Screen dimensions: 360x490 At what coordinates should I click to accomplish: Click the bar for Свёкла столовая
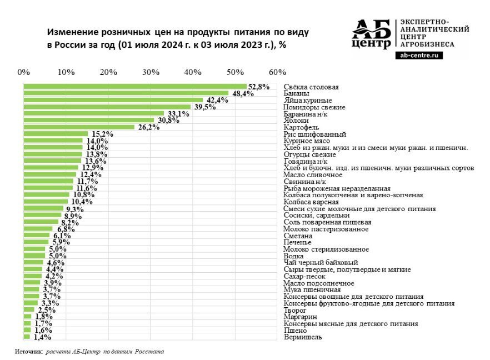click(134, 87)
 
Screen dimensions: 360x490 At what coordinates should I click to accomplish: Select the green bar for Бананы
click(126, 93)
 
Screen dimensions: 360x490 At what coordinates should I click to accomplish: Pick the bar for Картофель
click(79, 127)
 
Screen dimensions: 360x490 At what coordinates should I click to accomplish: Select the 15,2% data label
click(102, 134)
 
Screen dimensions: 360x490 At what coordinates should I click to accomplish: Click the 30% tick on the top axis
click(151, 72)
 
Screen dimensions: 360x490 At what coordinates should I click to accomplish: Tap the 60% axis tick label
click(277, 72)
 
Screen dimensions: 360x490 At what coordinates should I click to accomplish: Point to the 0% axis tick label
click(24, 72)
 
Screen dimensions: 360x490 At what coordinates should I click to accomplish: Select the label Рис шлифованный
click(314, 134)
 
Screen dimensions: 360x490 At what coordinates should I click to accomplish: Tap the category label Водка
click(293, 256)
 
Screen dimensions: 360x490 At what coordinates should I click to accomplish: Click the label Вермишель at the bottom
click(302, 337)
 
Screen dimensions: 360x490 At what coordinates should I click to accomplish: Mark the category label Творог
click(295, 310)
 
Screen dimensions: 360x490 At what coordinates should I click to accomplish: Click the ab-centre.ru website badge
click(418, 56)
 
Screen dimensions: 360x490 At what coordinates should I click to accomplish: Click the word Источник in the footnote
click(28, 352)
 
